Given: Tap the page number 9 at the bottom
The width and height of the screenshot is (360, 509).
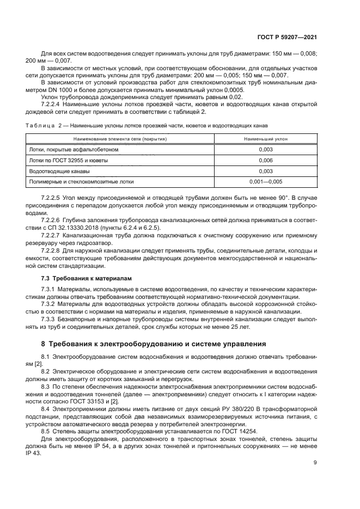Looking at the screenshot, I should (x=315, y=463).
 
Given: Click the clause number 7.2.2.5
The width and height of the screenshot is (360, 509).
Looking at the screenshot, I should (x=52, y=196).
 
